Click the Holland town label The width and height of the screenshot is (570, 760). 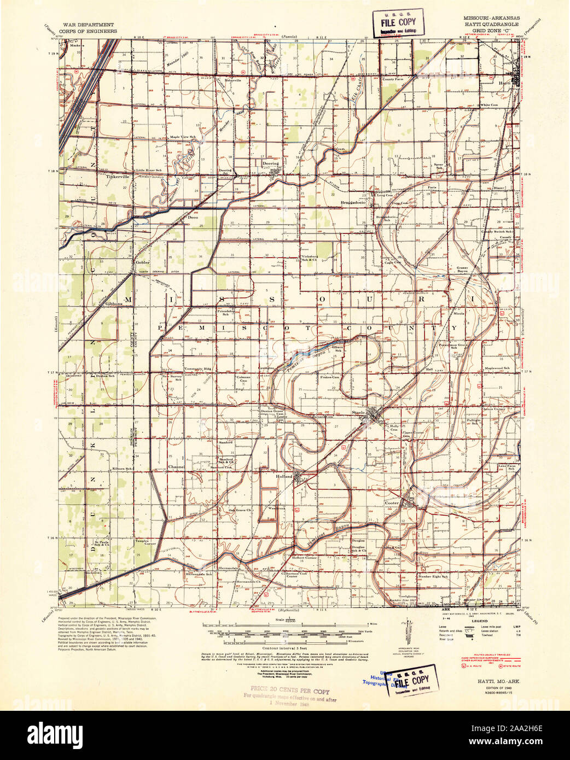tap(284, 476)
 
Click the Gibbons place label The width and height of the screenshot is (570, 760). tap(114, 303)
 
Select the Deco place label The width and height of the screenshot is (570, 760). tap(193, 218)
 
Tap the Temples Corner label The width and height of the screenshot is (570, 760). tap(146, 542)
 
